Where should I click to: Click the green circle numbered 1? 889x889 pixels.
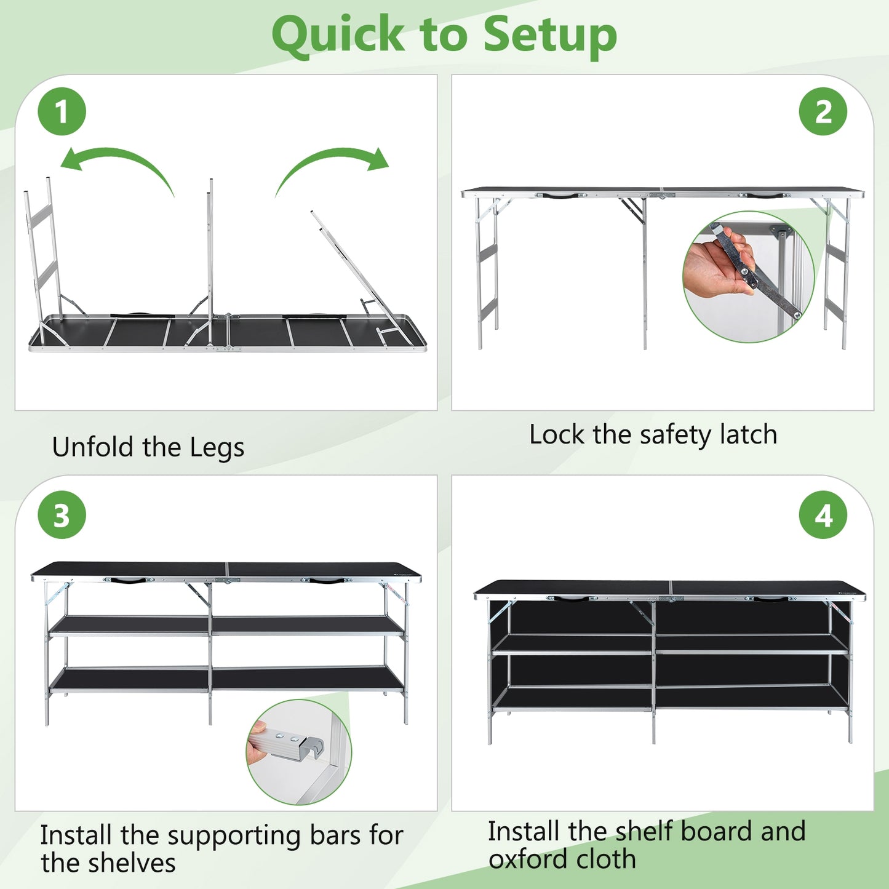62,111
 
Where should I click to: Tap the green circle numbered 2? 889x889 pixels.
823,111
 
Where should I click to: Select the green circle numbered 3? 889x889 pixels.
62,515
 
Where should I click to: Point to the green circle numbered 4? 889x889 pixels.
823,515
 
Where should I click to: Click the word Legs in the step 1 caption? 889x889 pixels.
217,448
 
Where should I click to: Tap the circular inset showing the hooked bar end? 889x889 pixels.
298,752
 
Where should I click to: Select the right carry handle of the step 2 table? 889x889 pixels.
765,196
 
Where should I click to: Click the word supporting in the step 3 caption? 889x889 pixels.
233,837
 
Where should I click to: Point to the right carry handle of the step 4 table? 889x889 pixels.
771,599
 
